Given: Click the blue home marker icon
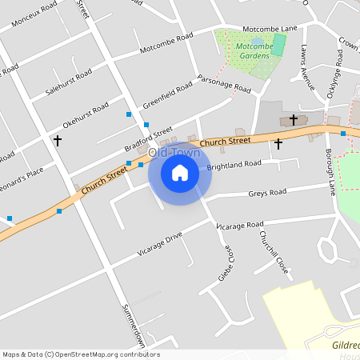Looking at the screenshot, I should tap(180, 172).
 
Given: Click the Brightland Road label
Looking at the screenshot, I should tap(234, 165).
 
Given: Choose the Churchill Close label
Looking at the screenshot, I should tap(273, 252).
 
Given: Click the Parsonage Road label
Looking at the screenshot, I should tap(225, 85).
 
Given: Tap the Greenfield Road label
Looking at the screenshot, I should tap(169, 94).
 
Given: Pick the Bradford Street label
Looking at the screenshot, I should tap(148, 141).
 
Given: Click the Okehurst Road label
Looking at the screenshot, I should tap(85, 117).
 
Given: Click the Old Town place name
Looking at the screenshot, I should tap(167, 151).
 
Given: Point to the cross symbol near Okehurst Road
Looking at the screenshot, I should tap(57, 141).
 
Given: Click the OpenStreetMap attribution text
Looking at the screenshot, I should tap(80, 354).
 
